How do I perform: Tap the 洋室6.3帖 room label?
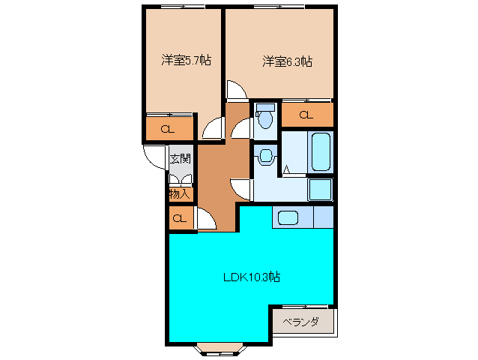(x=287, y=61)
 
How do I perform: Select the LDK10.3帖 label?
(x=252, y=277)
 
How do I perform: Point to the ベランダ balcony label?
(x=301, y=322)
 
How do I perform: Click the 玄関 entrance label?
(x=180, y=158)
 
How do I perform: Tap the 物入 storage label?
(x=180, y=193)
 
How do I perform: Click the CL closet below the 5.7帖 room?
(x=169, y=128)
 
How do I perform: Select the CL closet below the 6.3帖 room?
(x=306, y=115)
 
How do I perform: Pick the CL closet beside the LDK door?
(x=180, y=219)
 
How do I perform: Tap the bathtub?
(x=321, y=152)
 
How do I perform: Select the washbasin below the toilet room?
(x=265, y=157)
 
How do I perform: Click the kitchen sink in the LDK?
(x=288, y=217)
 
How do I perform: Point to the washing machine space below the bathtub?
(x=321, y=190)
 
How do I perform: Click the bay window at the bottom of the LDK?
(x=219, y=348)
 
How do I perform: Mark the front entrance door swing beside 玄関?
(x=155, y=156)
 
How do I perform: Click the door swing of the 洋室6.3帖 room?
(x=235, y=90)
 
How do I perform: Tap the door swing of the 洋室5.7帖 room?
(x=214, y=128)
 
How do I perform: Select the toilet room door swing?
(x=242, y=129)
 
